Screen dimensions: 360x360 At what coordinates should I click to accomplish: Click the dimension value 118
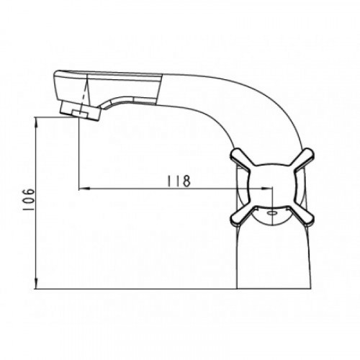pos(179,181)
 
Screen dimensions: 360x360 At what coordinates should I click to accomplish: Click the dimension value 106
pos(29,199)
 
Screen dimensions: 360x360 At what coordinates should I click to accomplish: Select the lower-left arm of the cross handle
pos(242,215)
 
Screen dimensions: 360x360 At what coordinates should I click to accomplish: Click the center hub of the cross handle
pos(272,187)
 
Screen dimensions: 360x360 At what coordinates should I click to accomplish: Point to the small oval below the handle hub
pos(273,213)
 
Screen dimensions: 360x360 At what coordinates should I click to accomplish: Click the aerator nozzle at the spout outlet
pos(81,110)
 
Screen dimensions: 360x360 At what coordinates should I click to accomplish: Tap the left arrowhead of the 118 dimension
pos(84,189)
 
